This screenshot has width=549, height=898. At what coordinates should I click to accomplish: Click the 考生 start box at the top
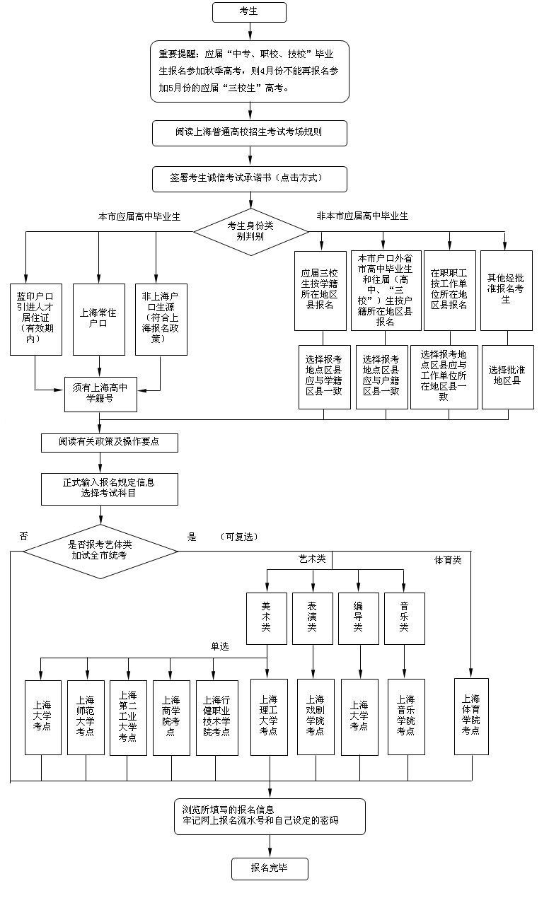pos(250,12)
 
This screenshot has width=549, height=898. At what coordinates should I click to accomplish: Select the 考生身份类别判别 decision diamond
pos(250,231)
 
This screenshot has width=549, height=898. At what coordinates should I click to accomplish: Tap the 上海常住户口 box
pos(98,319)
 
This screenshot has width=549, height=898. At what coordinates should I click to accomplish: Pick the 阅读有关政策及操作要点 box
pos(109,443)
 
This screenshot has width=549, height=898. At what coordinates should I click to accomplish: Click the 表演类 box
pos(312,617)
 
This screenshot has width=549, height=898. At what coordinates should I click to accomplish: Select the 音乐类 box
pos(404,617)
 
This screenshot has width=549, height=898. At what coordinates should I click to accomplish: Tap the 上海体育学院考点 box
pos(470,716)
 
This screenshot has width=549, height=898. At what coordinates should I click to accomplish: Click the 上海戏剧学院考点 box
pos(315,716)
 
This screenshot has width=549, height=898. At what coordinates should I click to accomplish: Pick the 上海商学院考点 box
pos(171,716)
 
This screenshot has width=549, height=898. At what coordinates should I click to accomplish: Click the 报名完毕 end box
pos(270,868)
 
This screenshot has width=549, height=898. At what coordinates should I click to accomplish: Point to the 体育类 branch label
pos(448,560)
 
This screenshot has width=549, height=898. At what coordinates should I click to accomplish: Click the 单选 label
pos(219,646)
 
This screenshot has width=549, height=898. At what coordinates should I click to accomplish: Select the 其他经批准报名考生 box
pos(506,290)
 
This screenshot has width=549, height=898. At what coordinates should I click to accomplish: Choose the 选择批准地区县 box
pos(506,375)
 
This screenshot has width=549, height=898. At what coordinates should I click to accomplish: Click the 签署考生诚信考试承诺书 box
pos(250,179)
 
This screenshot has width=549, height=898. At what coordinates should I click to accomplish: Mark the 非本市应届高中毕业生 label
pos(362,216)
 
